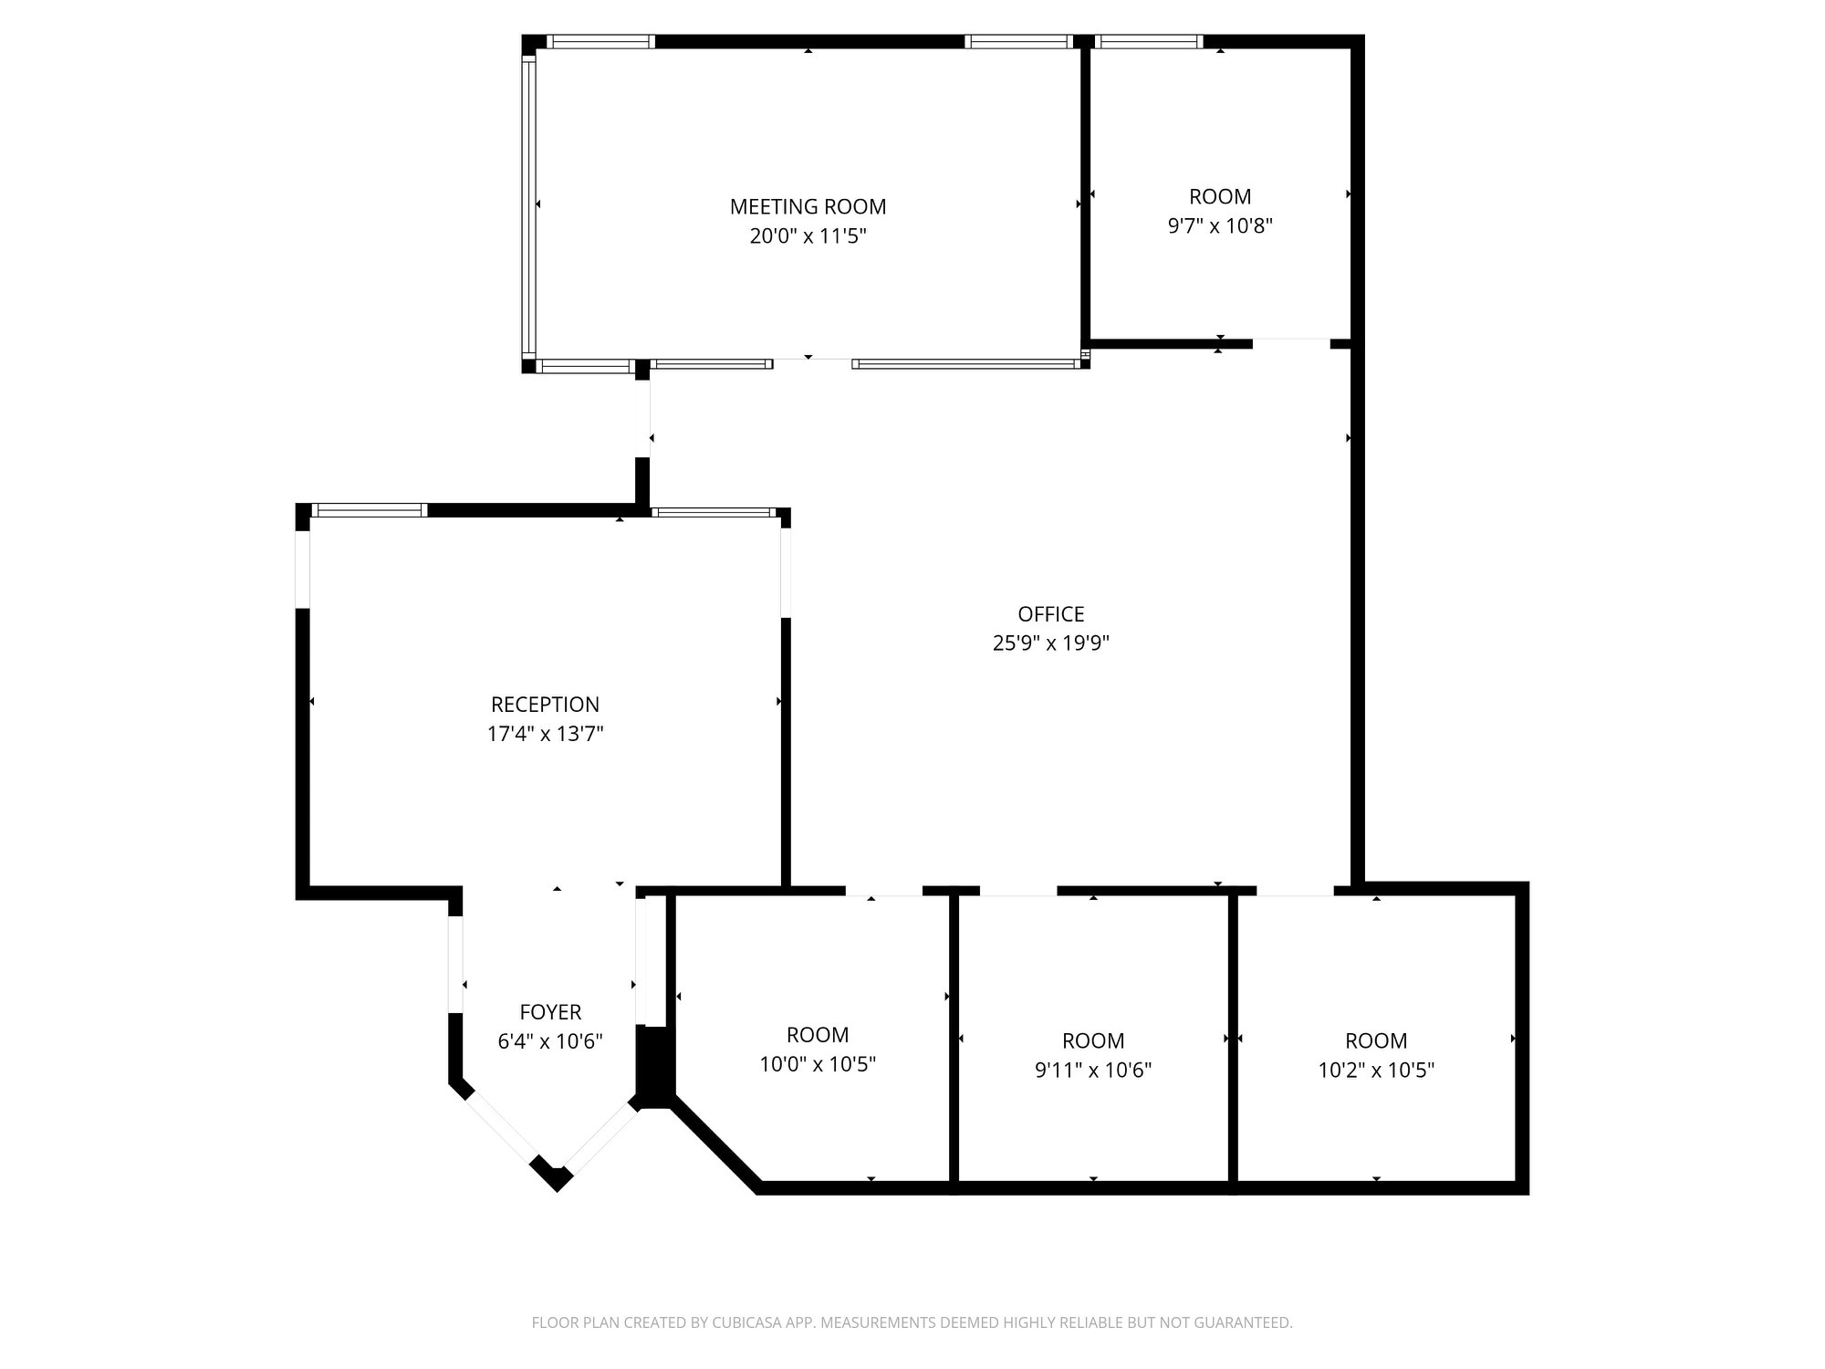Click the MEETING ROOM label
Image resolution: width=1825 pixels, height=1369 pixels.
808,207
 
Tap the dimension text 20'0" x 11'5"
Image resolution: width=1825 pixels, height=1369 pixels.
808,236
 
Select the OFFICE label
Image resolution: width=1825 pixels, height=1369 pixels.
1050,614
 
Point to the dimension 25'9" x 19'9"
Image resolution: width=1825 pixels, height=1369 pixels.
1050,643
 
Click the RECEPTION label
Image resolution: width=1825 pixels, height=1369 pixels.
545,705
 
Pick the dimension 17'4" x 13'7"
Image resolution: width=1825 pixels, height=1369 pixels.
545,734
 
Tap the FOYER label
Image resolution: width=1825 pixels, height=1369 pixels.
550,1012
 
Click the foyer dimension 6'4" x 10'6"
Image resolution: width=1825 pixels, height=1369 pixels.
550,1041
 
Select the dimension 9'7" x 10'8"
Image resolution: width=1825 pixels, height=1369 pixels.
1220,225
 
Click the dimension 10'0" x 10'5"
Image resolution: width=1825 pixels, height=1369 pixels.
818,1064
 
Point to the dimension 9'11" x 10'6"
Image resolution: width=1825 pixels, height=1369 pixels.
1093,1070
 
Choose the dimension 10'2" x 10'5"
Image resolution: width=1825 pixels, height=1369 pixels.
1376,1070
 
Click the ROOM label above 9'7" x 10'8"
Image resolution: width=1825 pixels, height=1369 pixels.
1220,196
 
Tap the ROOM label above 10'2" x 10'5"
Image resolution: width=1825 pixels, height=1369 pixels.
1376,1040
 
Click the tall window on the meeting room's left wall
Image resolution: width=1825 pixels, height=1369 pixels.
528,205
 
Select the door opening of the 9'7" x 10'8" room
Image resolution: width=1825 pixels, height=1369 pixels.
1291,344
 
